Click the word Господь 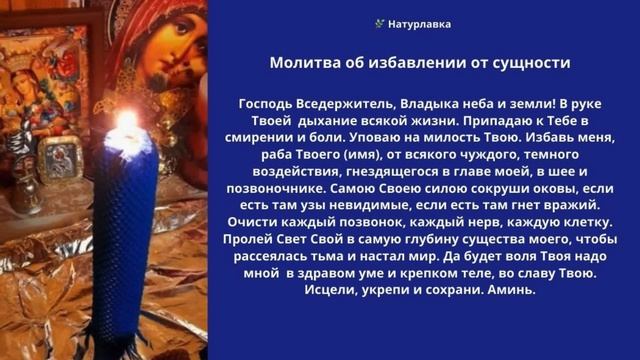click(x=268, y=103)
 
